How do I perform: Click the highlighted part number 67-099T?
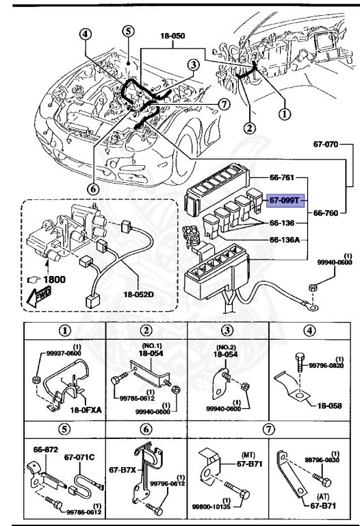click(283, 199)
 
